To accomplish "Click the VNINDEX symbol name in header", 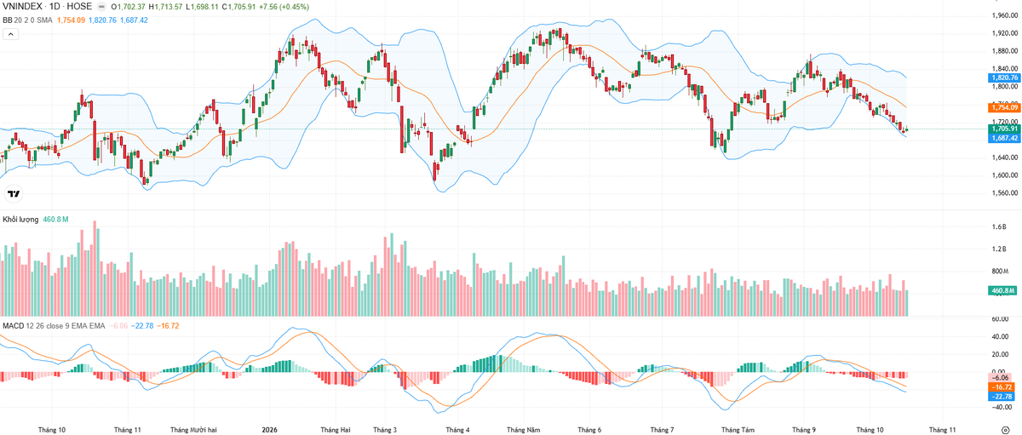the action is pos(22,7).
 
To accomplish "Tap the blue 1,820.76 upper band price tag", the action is pos(1004,78).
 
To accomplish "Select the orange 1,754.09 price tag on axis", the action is pos(1004,107).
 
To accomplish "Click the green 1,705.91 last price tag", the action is pos(1004,129).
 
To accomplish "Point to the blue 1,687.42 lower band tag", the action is pos(1004,138).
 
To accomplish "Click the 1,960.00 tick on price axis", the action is pos(1005,15).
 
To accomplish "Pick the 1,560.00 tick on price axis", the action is pos(1005,193).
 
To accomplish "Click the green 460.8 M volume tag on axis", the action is pos(1002,290).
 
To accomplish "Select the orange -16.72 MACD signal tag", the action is pos(1002,387).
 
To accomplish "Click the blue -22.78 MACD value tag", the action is pos(1002,397).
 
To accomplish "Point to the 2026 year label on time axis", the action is pos(270,430).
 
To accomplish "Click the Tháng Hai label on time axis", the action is pos(336,430).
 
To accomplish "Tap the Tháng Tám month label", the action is pos(738,430).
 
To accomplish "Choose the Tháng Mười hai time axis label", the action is pos(193,430).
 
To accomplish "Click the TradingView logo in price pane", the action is pos(14,194).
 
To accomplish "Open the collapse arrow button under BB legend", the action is pos(11,34).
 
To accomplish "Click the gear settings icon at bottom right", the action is pos(1006,430).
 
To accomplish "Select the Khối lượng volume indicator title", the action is pos(20,220).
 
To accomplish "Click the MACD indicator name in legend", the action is pos(14,326).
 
